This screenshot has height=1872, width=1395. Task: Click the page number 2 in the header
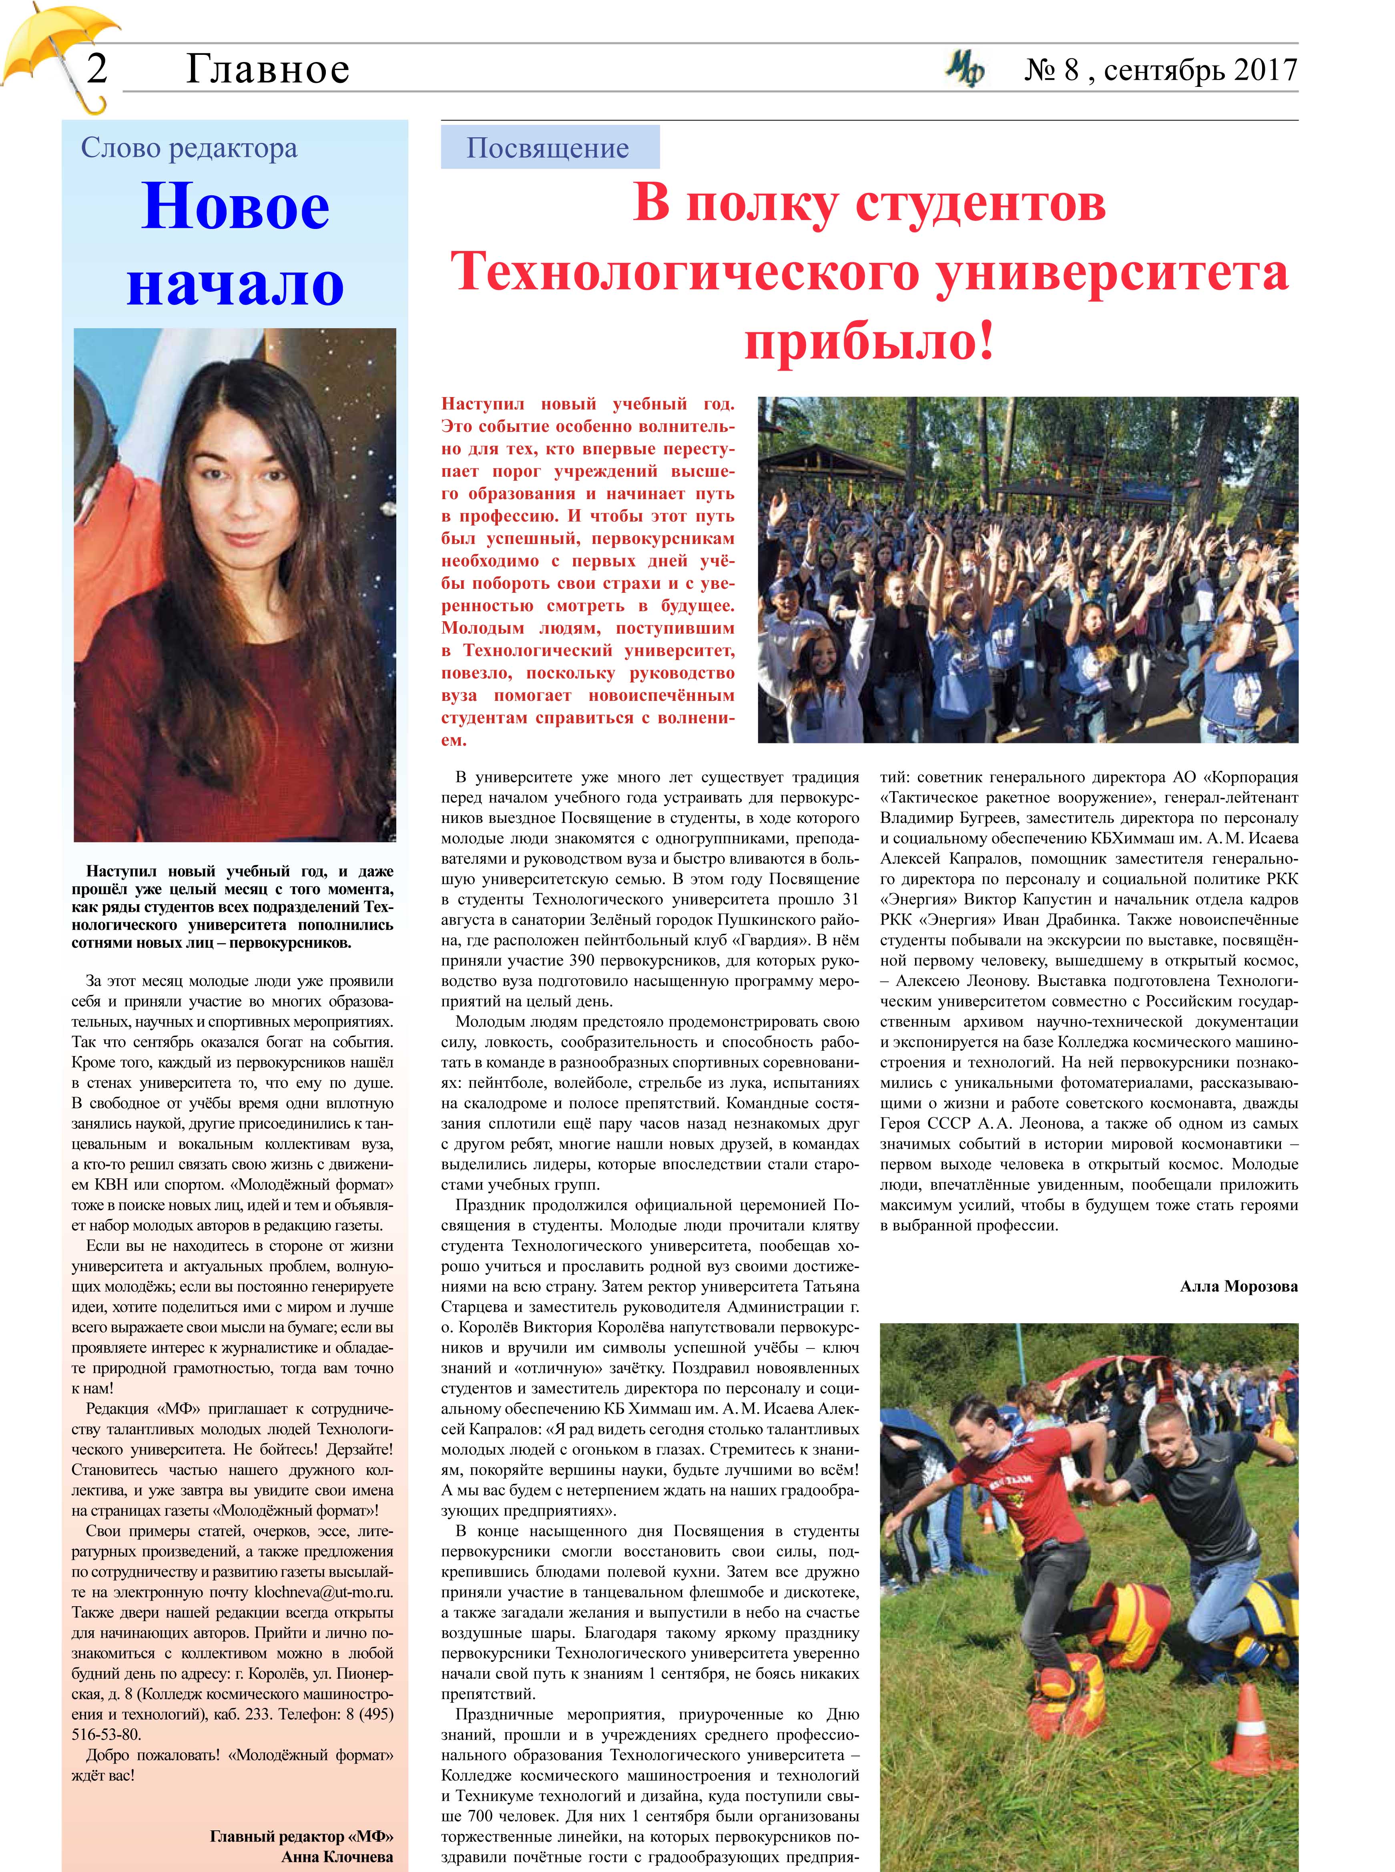click(x=97, y=68)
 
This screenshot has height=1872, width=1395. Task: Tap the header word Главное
click(x=267, y=69)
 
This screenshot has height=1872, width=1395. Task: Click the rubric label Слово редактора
click(x=189, y=148)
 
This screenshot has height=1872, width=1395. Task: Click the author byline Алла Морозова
click(x=1238, y=1287)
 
